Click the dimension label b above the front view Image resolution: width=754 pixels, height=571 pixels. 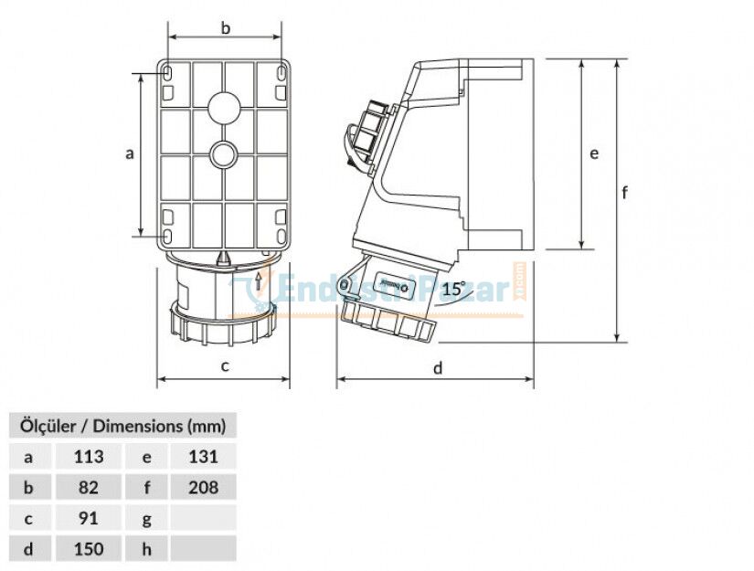click(x=226, y=28)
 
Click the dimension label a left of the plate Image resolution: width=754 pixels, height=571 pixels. click(x=130, y=154)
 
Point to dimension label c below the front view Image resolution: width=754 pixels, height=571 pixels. click(x=225, y=367)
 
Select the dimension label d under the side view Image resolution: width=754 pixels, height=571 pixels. click(x=438, y=368)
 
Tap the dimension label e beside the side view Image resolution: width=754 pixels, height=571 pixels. click(x=594, y=153)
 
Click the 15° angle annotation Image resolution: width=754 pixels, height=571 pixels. click(x=454, y=289)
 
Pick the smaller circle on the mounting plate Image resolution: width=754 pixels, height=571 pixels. click(x=225, y=154)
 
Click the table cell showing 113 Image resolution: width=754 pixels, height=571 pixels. click(x=89, y=457)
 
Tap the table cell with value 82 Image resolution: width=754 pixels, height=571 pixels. click(x=89, y=488)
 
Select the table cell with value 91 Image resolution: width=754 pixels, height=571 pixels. click(x=89, y=518)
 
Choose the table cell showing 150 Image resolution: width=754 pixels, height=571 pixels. click(x=89, y=549)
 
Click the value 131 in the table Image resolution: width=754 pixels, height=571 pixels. click(x=203, y=457)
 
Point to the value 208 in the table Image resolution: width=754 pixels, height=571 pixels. click(x=203, y=488)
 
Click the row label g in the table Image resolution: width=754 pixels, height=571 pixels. click(x=147, y=518)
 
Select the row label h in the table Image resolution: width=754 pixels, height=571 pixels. click(x=147, y=549)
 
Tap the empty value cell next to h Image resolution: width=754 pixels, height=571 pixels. click(x=203, y=549)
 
